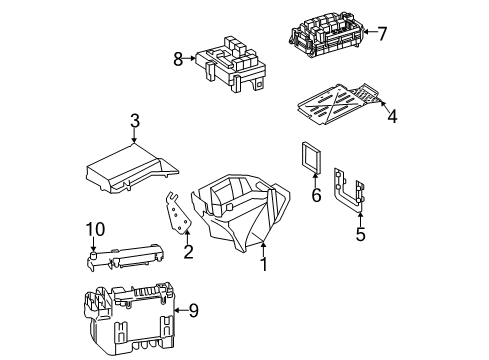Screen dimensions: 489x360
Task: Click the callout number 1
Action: click(x=264, y=264)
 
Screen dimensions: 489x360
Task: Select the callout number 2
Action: click(x=188, y=252)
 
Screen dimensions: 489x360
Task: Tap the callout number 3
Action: click(x=135, y=121)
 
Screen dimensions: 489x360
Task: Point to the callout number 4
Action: click(x=392, y=116)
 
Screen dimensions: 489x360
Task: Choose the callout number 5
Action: click(x=360, y=234)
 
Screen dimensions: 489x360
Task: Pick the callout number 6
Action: click(x=316, y=195)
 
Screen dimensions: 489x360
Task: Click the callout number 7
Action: click(x=382, y=33)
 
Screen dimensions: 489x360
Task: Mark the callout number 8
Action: click(x=178, y=59)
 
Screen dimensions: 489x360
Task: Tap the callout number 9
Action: click(x=193, y=311)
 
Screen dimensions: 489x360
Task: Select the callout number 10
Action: click(x=95, y=229)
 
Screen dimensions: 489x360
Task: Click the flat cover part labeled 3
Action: click(x=132, y=168)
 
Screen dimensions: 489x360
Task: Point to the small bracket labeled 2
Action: click(x=178, y=213)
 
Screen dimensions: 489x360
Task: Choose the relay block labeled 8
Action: click(x=231, y=64)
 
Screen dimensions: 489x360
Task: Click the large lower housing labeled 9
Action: click(x=129, y=319)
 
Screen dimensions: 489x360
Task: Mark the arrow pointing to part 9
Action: click(x=181, y=310)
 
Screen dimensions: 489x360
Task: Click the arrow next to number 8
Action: click(x=189, y=58)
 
